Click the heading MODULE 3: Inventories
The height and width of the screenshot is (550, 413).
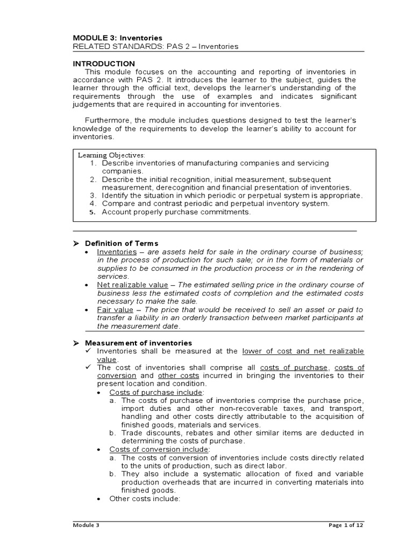[117, 38]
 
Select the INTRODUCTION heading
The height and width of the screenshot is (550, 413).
[104, 63]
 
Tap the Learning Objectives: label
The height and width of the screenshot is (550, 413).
[111, 155]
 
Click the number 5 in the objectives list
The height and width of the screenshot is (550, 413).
[92, 212]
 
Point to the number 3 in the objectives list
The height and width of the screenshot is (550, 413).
[92, 196]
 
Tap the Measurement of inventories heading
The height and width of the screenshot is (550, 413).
[139, 343]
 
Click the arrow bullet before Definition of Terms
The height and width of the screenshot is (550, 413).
[76, 243]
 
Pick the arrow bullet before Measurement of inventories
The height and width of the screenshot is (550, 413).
[76, 343]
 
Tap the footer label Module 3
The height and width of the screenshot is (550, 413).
[86, 525]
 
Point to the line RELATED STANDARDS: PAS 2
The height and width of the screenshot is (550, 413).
[155, 47]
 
